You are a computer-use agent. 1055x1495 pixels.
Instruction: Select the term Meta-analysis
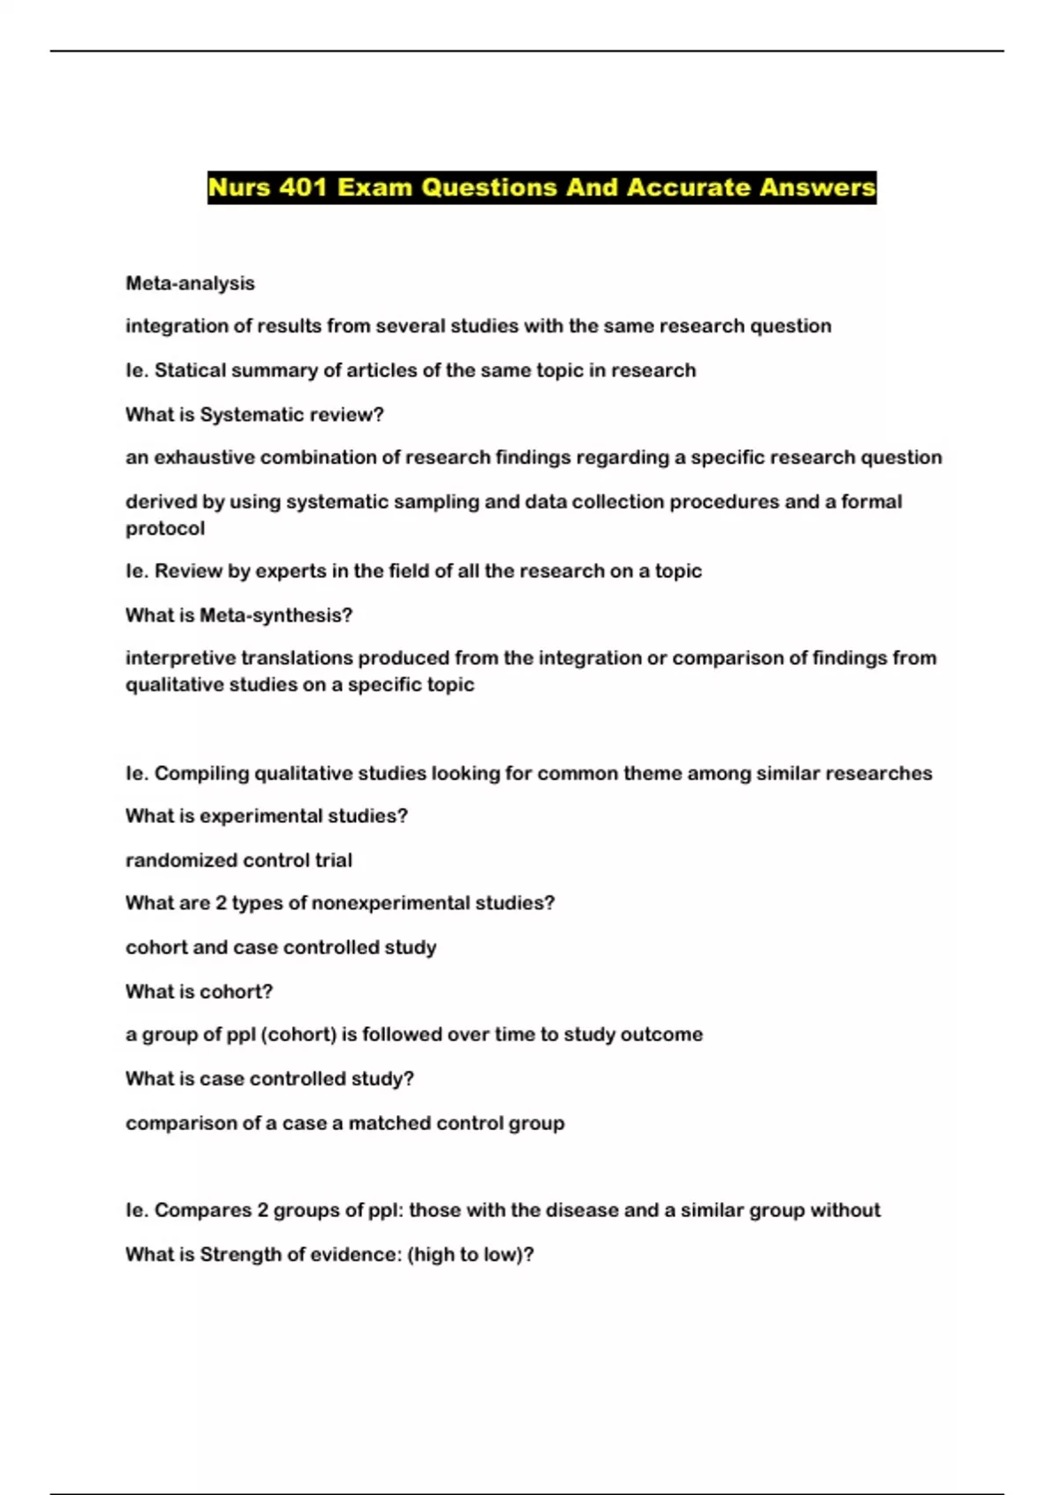click(190, 283)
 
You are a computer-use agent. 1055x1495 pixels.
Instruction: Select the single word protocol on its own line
click(165, 529)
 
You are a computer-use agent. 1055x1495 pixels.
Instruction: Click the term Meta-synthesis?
click(276, 615)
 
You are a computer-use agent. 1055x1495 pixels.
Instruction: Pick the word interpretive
click(180, 658)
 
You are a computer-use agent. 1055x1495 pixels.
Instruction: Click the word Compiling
click(201, 773)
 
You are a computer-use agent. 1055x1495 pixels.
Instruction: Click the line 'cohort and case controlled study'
click(280, 947)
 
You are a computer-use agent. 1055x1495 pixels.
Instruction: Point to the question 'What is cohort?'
click(199, 991)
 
